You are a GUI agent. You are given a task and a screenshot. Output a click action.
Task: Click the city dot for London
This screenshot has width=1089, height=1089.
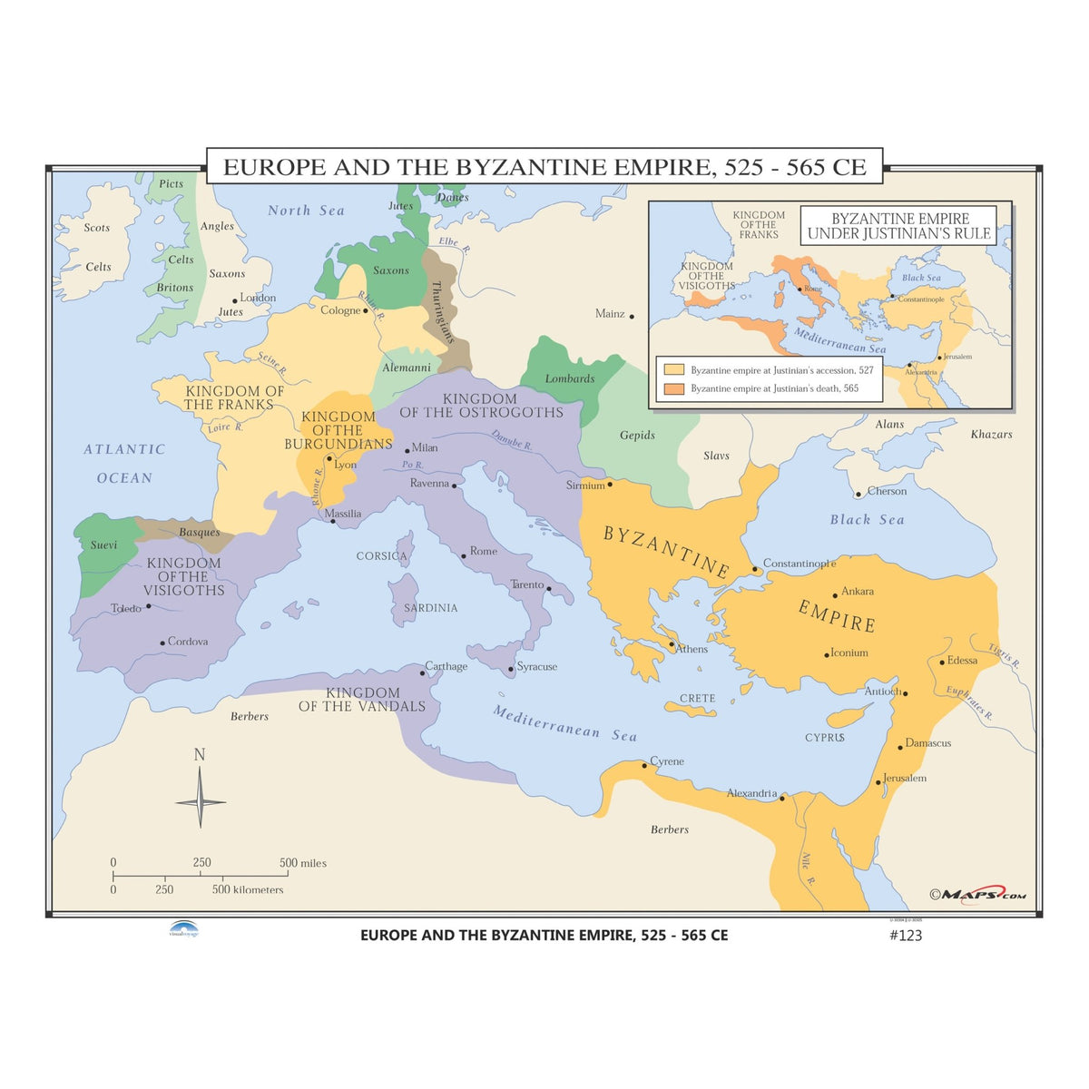click(x=235, y=300)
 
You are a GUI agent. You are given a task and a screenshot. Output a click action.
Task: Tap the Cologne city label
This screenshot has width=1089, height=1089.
click(x=340, y=310)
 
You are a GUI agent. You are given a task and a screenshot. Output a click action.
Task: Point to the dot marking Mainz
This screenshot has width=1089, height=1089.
click(x=632, y=317)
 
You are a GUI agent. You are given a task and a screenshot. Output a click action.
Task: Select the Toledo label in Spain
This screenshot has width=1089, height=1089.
click(x=125, y=608)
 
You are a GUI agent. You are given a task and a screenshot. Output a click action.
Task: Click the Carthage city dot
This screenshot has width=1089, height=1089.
click(x=423, y=673)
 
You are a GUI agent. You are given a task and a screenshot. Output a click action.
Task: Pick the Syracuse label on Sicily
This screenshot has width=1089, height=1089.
click(x=537, y=666)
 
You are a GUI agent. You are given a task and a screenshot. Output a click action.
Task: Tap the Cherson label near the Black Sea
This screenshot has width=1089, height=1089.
click(x=887, y=491)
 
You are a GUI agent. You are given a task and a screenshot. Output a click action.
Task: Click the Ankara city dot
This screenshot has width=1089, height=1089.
click(x=835, y=596)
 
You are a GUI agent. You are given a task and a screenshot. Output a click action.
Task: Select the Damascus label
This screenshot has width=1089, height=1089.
click(x=928, y=742)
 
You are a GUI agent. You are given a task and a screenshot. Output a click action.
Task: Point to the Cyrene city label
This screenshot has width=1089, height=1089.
click(x=667, y=760)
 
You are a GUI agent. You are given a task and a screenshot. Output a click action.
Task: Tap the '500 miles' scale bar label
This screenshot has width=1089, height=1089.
click(x=303, y=862)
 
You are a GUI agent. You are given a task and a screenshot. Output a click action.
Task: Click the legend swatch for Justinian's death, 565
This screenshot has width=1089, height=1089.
click(x=673, y=388)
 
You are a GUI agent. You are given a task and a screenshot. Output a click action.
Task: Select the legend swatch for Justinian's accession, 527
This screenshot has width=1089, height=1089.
click(x=673, y=370)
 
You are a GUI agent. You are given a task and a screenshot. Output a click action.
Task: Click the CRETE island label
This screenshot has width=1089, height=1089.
click(x=697, y=698)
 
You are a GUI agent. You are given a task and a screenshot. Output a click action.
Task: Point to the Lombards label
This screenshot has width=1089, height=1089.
click(x=570, y=378)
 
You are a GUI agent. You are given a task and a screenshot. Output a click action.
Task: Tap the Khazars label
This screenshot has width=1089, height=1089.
click(x=991, y=434)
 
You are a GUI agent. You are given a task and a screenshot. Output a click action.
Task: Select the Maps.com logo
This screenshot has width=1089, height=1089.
click(x=976, y=895)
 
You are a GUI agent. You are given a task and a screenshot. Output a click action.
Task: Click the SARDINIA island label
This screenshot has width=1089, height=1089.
click(x=430, y=607)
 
